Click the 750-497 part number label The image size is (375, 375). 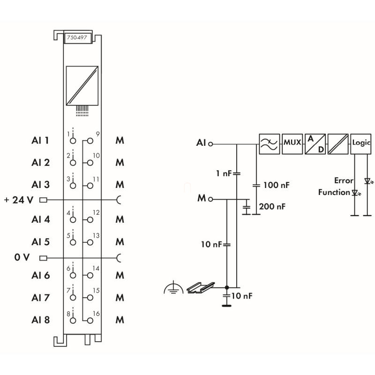[77, 37]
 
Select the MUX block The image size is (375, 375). [292, 144]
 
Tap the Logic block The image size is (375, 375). [360, 144]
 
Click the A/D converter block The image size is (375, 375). [315, 144]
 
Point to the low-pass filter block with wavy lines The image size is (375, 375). [269, 144]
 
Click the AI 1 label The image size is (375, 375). [40, 140]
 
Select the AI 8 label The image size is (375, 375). [40, 320]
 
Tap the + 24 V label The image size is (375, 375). [19, 200]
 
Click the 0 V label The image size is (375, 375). [22, 257]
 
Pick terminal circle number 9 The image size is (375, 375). [90, 141]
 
